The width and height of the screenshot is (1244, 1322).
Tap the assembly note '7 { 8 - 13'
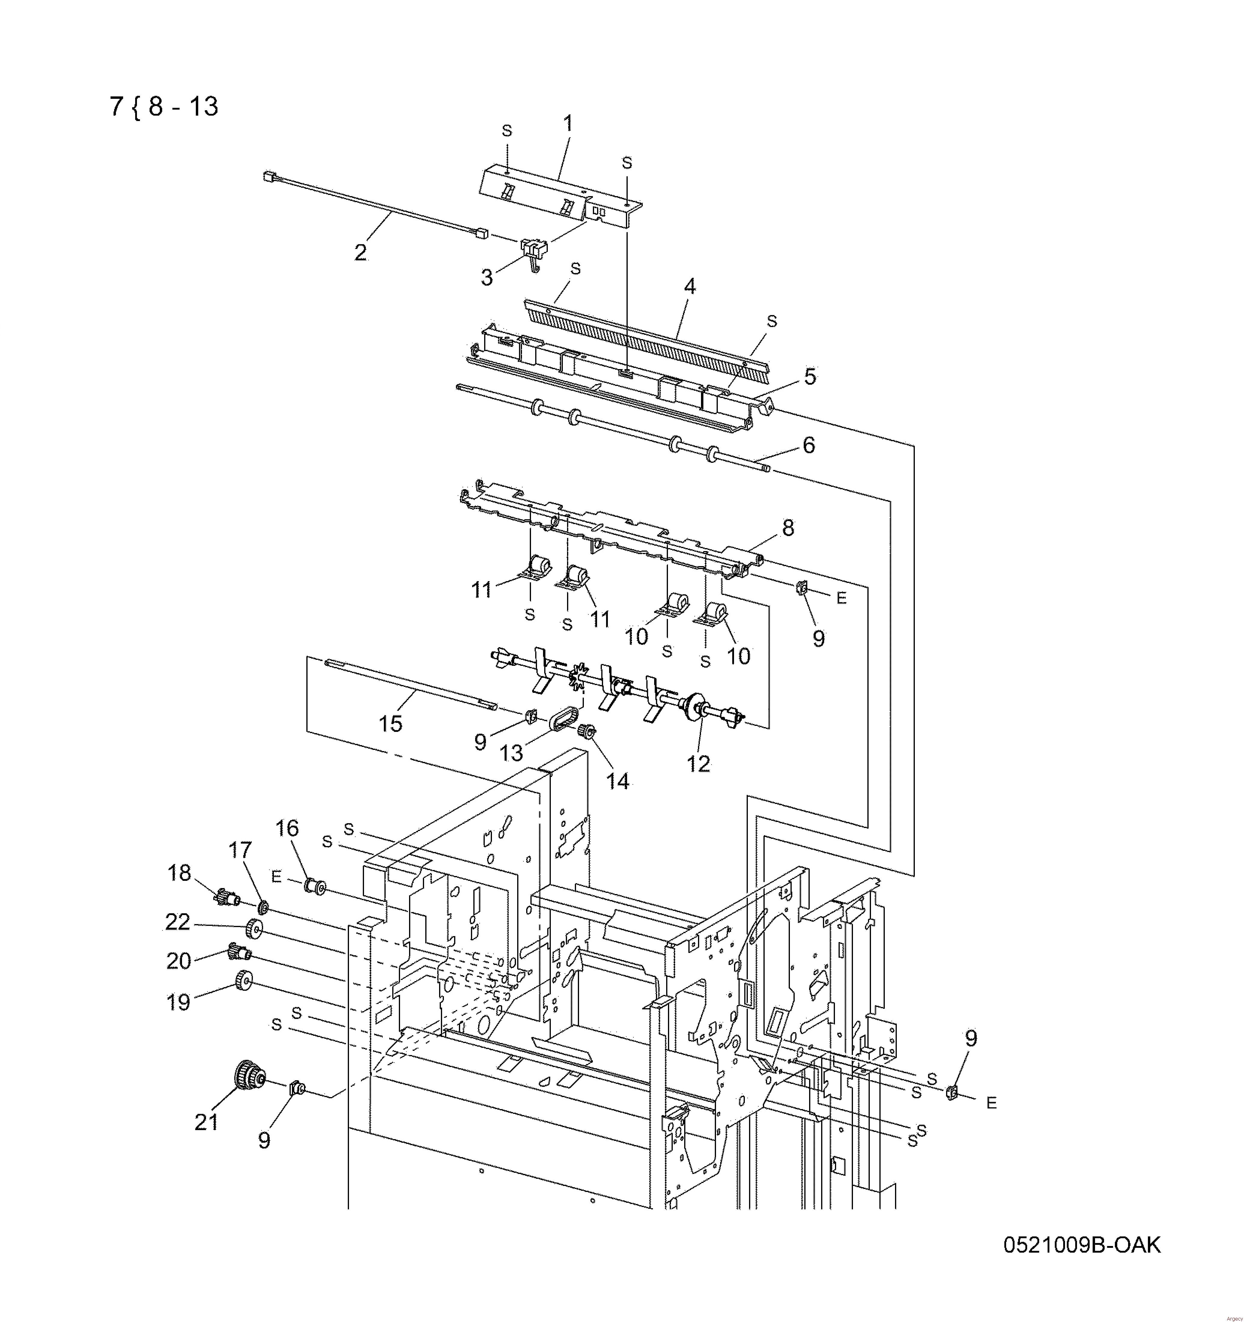[164, 106]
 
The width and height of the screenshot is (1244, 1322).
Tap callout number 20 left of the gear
[178, 961]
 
